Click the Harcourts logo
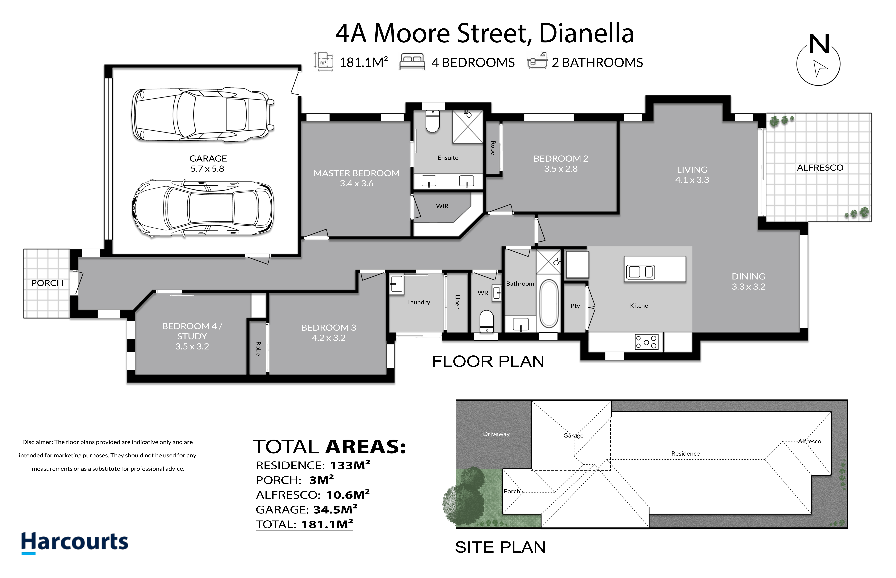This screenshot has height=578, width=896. pyautogui.click(x=74, y=543)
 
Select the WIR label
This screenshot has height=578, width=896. pyautogui.click(x=442, y=206)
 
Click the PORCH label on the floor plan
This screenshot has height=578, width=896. pyautogui.click(x=47, y=283)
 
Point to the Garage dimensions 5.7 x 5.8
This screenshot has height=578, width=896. pyautogui.click(x=207, y=169)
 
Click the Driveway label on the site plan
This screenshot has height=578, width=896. pyautogui.click(x=496, y=434)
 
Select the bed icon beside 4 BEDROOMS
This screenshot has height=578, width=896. pyautogui.click(x=412, y=61)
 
